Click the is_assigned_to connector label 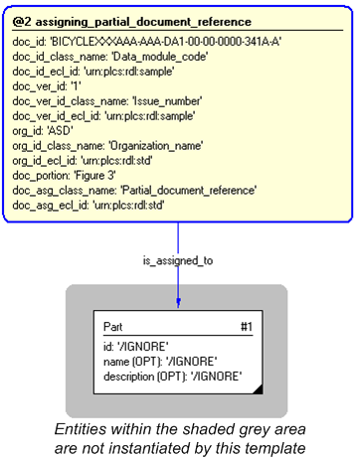[179, 259]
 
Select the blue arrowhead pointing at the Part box [179, 302]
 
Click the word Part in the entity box [114, 325]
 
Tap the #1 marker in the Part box [247, 325]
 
